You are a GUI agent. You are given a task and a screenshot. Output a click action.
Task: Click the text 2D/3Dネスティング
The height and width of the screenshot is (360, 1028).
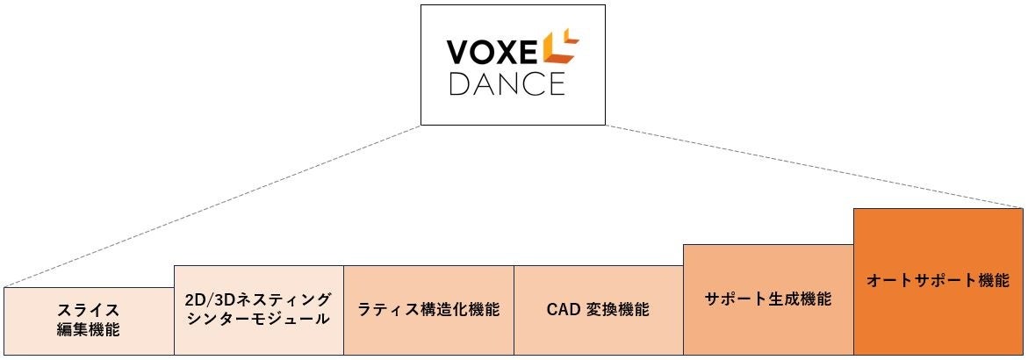(x=258, y=299)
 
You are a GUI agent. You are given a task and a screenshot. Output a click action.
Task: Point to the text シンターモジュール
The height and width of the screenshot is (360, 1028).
(x=258, y=320)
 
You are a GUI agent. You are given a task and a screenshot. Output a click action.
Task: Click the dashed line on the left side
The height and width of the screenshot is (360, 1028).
(x=211, y=207)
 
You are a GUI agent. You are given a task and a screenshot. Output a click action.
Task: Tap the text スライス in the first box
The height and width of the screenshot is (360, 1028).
(x=88, y=311)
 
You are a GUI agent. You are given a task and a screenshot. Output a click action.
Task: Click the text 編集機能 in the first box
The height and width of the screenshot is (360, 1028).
(x=88, y=330)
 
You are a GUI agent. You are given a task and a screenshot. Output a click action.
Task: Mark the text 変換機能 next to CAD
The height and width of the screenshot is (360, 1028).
(x=618, y=310)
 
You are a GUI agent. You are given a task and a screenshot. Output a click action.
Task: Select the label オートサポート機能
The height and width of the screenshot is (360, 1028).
(x=938, y=282)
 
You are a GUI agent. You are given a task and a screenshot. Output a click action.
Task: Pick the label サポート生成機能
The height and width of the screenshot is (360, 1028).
(x=768, y=299)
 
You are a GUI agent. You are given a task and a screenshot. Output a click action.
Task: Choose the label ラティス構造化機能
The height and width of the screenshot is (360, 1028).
(x=428, y=310)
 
